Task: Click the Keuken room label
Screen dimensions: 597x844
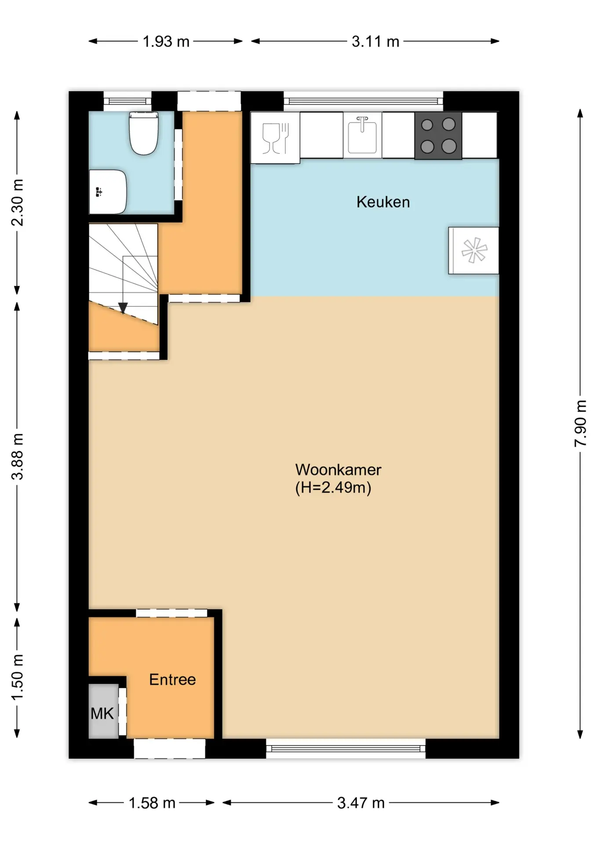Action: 383,202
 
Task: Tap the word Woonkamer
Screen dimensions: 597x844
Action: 338,469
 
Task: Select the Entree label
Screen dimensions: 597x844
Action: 172,679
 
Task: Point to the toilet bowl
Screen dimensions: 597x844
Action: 143,133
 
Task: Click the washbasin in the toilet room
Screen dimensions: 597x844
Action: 108,192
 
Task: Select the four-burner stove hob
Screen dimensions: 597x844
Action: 438,135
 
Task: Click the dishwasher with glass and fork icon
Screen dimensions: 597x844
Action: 275,138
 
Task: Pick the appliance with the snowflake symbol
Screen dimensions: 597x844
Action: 473,251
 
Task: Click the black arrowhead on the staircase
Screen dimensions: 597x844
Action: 123,308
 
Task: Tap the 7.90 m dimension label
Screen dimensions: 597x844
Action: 580,423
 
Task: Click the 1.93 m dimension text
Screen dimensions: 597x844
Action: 166,41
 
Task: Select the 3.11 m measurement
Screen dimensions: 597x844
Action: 375,41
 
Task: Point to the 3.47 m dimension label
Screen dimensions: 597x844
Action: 361,803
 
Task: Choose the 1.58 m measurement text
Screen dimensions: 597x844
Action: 152,803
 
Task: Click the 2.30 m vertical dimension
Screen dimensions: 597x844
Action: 17,203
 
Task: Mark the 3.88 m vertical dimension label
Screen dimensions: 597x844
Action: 17,456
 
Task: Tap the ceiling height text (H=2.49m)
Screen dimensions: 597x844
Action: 333,487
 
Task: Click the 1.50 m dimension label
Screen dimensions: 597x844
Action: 17,677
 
